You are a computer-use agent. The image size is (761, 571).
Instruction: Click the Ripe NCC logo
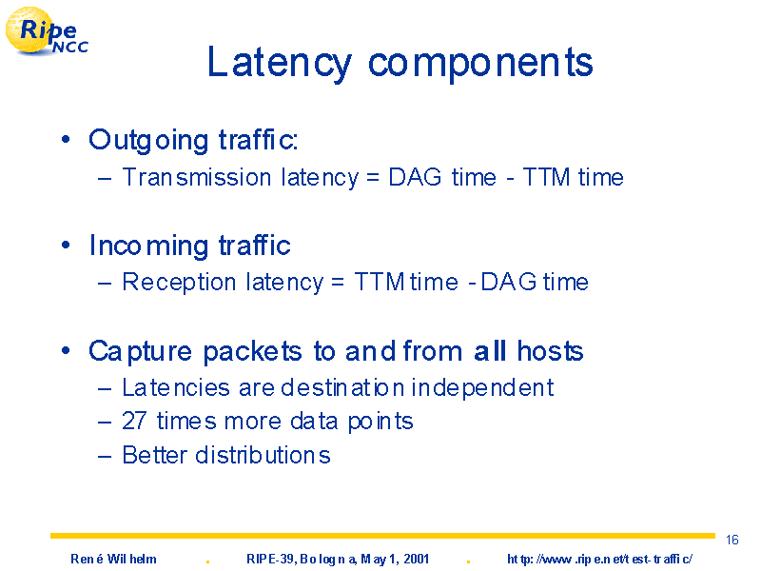pyautogui.click(x=47, y=31)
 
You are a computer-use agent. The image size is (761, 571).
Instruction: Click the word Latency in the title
pyautogui.click(x=279, y=63)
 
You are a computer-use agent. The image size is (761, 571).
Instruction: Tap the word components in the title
pyautogui.click(x=480, y=64)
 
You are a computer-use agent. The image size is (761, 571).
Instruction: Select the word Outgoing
pyautogui.click(x=148, y=140)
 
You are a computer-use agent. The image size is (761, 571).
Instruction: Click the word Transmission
pyautogui.click(x=197, y=177)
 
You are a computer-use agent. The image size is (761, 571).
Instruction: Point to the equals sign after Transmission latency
pyautogui.click(x=372, y=178)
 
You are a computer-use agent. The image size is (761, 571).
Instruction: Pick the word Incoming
pyautogui.click(x=148, y=246)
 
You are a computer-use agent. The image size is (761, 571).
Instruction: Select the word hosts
pyautogui.click(x=550, y=350)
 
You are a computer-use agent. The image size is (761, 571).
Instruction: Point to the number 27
pyautogui.click(x=134, y=421)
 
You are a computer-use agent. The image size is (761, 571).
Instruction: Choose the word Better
pyautogui.click(x=154, y=456)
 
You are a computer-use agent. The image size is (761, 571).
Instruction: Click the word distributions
pyautogui.click(x=263, y=456)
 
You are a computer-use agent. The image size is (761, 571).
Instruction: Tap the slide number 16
pyautogui.click(x=732, y=540)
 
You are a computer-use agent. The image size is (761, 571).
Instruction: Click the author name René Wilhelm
pyautogui.click(x=113, y=560)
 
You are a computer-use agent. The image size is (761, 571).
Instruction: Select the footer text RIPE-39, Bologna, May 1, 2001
pyautogui.click(x=338, y=560)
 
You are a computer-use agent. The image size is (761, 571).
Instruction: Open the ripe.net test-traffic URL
pyautogui.click(x=600, y=560)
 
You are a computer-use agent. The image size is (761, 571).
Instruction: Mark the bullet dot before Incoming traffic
pyautogui.click(x=66, y=246)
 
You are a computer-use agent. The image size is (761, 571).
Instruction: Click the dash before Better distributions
pyautogui.click(x=105, y=457)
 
